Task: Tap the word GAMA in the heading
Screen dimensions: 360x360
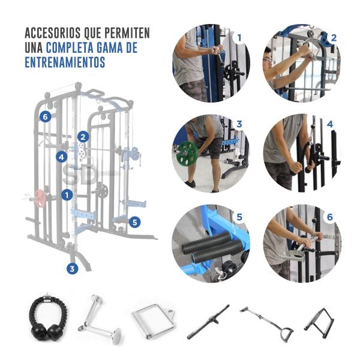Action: coord(110,47)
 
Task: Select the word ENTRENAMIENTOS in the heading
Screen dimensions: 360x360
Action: coord(65,62)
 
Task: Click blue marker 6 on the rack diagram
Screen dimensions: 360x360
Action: coord(45,116)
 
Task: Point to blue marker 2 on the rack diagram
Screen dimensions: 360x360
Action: coord(83,137)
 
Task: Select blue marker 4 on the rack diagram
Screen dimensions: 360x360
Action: coord(62,157)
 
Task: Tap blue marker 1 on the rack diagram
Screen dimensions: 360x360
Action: coord(67,195)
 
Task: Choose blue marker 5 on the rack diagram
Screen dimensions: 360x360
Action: coord(135,222)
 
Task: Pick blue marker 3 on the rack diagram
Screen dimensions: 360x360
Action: coord(73,268)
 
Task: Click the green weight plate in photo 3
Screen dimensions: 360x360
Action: coord(187,153)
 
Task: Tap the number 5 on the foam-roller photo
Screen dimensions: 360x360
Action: coord(239,217)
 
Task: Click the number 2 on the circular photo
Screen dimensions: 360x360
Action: coord(334,38)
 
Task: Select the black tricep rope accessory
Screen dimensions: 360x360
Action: coord(49,317)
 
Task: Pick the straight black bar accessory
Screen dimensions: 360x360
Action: coord(208,322)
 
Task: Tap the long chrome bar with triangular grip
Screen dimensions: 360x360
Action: coord(266,324)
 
